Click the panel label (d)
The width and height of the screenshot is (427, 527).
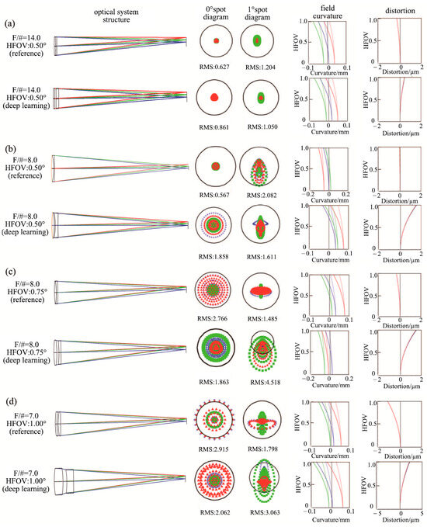pos(11,400)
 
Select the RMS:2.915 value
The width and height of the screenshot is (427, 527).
pos(217,449)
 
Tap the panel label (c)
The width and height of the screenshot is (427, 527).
pos(11,273)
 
